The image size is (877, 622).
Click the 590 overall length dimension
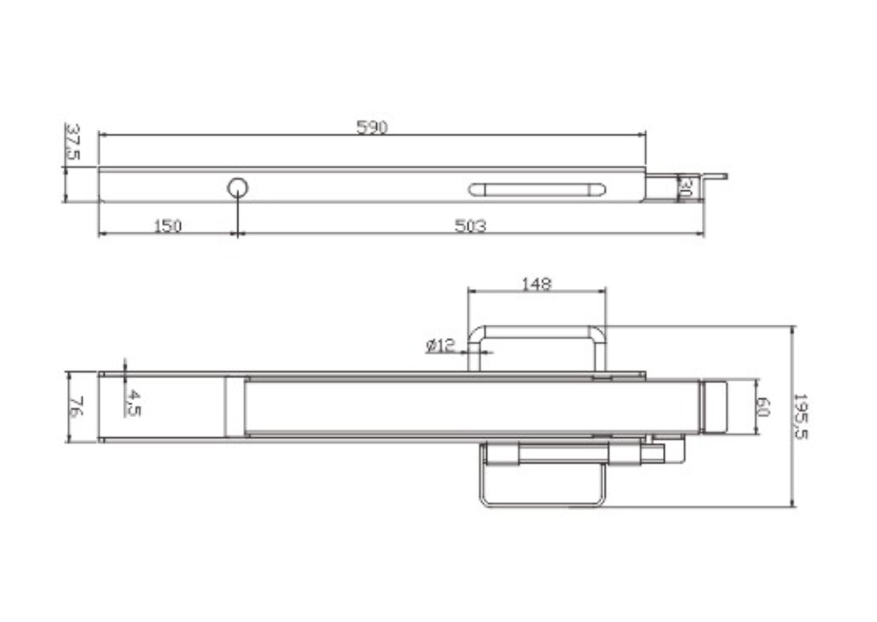[372, 127]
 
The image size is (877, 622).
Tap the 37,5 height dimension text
[73, 142]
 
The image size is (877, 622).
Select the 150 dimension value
[168, 226]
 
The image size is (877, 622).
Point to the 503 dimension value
[470, 226]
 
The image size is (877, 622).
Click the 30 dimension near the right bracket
[686, 187]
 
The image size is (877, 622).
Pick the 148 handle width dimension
[537, 284]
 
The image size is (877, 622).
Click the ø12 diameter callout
[441, 346]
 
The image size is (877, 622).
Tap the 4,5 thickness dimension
[133, 403]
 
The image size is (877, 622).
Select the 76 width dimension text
[77, 407]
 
